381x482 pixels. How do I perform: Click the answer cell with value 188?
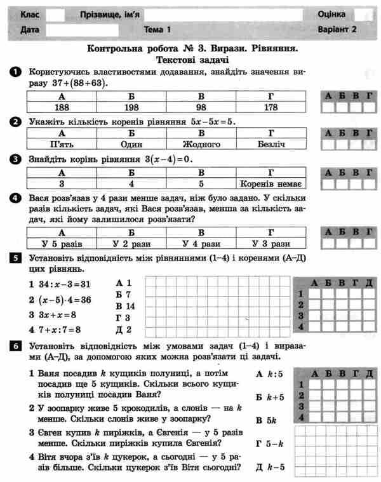click(62, 107)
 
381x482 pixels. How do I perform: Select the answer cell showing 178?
click(271, 107)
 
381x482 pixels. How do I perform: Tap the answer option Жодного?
click(201, 144)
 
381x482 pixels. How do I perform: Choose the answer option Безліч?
click(271, 144)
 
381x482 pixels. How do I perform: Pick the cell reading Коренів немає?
click(271, 184)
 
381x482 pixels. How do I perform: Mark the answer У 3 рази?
click(271, 243)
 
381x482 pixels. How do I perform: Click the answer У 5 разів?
click(62, 243)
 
